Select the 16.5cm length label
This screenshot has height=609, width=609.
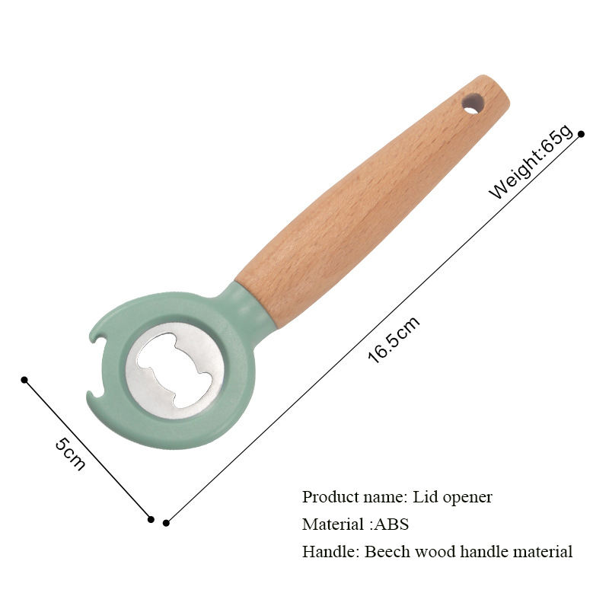(x=393, y=340)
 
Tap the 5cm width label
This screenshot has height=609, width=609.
(x=69, y=454)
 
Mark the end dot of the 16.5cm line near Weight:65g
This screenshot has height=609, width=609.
(x=581, y=134)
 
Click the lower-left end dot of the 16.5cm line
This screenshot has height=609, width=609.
(x=167, y=522)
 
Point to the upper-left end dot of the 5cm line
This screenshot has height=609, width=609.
(x=24, y=379)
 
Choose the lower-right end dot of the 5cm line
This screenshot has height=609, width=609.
(x=151, y=519)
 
